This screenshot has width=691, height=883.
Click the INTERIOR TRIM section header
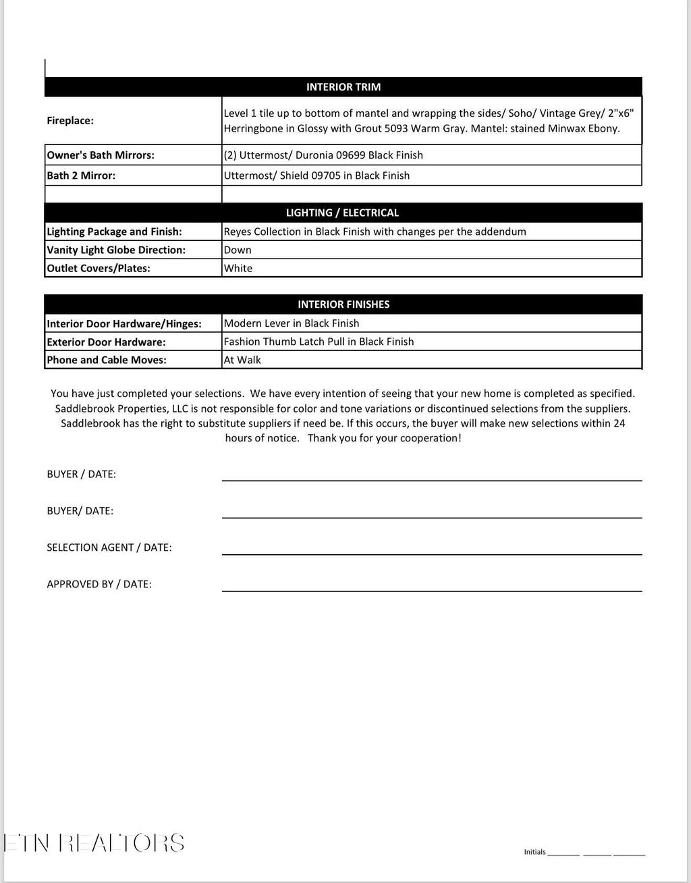343,87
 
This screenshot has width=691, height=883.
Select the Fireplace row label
70,121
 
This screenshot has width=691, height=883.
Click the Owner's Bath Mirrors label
101,155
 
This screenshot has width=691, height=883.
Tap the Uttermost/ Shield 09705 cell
316,176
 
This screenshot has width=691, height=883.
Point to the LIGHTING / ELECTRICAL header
342,213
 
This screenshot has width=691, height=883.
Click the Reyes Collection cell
375,232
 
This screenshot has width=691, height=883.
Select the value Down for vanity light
238,250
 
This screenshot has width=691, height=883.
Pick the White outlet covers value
238,268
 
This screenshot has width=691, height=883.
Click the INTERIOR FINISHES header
343,304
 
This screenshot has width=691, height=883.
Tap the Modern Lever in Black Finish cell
292,323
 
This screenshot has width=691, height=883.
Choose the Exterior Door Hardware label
106,342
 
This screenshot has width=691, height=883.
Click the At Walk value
242,360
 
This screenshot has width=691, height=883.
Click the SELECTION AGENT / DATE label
109,547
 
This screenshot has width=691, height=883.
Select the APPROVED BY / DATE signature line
432,590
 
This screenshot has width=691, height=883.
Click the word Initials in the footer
534,852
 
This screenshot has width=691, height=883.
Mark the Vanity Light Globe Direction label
116,250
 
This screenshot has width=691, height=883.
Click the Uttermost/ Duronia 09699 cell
323,155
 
